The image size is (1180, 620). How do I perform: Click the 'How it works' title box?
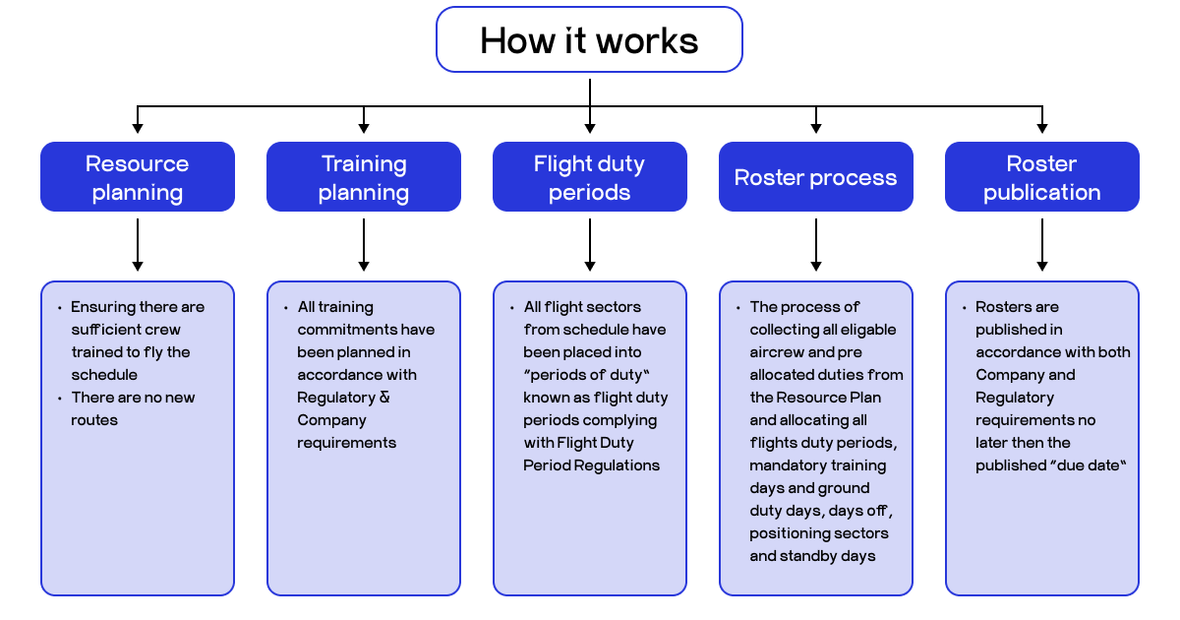(x=589, y=40)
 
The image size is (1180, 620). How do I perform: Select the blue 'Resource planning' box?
(x=138, y=177)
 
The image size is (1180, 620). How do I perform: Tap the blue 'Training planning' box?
(x=364, y=177)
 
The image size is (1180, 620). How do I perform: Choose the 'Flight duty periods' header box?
(x=589, y=177)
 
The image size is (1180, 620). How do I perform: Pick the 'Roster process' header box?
(x=815, y=177)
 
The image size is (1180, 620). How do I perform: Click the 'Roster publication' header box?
(x=1041, y=177)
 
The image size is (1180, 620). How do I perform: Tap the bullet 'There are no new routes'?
(x=133, y=408)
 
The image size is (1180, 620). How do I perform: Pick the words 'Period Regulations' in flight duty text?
(x=591, y=465)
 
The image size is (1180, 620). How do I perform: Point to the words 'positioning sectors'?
(x=818, y=533)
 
